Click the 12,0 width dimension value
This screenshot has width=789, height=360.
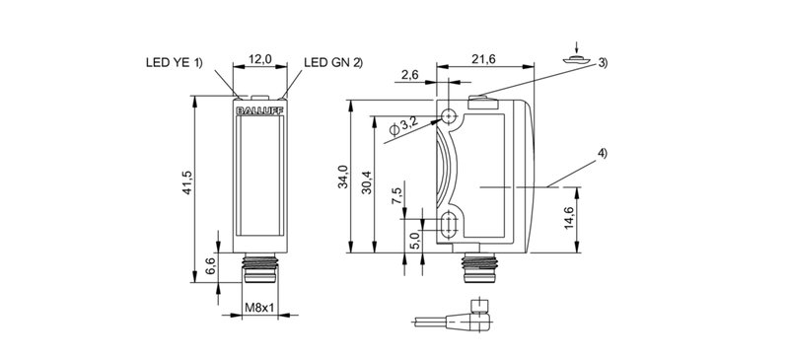[x=260, y=60]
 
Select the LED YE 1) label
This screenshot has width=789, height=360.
[x=173, y=63]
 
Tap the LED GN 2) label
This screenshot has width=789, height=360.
[x=332, y=63]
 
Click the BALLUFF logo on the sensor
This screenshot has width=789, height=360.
[x=259, y=112]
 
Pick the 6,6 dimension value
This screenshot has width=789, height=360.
[x=208, y=265]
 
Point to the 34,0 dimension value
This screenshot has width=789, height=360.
[x=343, y=177]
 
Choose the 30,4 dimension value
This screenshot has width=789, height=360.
[x=367, y=178]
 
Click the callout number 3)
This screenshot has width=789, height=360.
[x=602, y=63]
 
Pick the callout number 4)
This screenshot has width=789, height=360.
[x=602, y=153]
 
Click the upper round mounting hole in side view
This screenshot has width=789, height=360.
[x=450, y=116]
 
